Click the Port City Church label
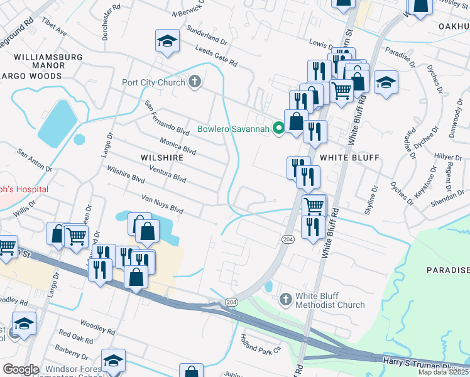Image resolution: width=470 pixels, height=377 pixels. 154,82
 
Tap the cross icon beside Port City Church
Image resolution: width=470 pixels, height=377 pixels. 195,82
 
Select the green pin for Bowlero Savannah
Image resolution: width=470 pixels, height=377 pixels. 279,128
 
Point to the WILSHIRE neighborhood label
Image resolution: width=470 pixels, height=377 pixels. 162,157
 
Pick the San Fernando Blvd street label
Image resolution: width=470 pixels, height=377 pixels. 167,119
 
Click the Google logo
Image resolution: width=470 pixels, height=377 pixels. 21,369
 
